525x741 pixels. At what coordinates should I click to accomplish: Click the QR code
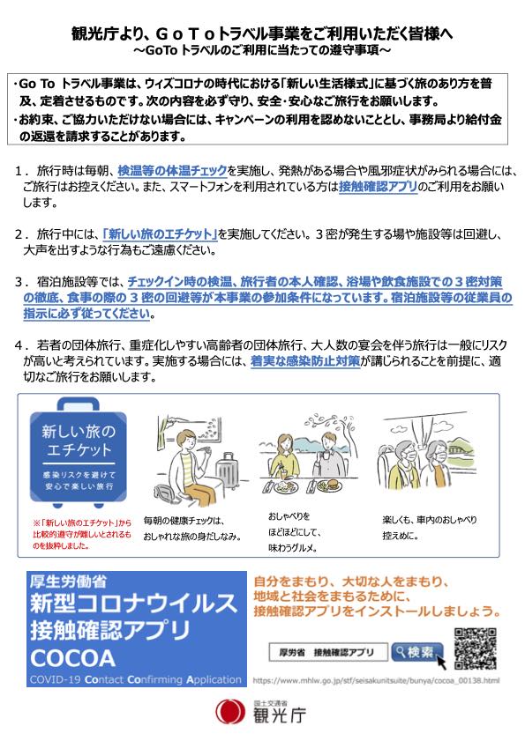475,648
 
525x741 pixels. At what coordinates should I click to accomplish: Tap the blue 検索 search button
417,653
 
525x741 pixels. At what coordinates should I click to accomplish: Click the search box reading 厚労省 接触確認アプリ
328,653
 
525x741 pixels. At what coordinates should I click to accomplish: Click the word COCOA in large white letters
72,658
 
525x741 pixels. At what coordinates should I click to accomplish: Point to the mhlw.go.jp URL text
376,680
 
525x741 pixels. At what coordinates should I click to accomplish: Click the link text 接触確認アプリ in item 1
379,187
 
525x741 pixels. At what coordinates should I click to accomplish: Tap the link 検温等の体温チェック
172,170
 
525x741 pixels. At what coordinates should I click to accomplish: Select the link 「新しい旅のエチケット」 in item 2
160,233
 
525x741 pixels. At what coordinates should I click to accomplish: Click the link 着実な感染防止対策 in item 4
305,361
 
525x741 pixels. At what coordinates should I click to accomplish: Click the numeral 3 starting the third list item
19,282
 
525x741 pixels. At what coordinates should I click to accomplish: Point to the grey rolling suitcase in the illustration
228,471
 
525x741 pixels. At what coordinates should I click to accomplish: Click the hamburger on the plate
330,485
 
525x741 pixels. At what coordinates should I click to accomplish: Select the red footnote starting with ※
82,535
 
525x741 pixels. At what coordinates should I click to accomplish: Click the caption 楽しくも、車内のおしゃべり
430,520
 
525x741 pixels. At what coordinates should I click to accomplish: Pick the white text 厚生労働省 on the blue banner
68,581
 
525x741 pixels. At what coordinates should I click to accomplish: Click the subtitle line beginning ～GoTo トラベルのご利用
262,50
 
